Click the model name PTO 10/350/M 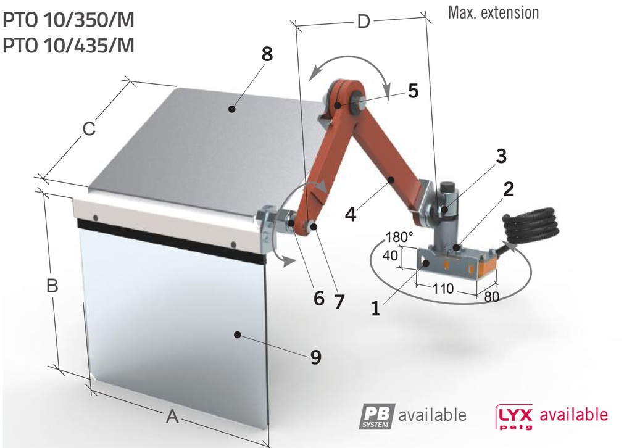pos(69,20)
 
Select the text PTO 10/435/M pos(69,46)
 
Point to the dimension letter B pos(53,286)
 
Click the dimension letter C pos(89,130)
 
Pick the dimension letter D pos(364,22)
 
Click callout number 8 pos(267,54)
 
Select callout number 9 pos(315,357)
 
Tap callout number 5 pos(413,91)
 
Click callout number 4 pos(351,215)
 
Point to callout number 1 pos(376,308)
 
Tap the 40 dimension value pos(390,255)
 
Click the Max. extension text pos(493,12)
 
